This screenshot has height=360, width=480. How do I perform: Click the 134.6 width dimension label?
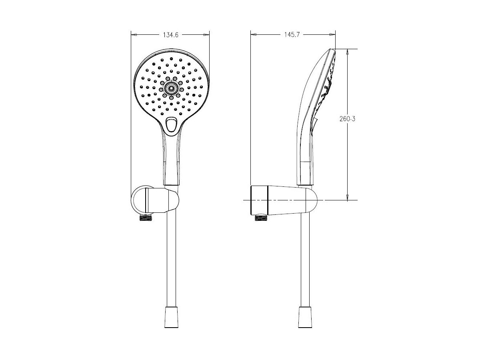(170, 35)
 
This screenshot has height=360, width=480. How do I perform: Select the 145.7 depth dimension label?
(290, 35)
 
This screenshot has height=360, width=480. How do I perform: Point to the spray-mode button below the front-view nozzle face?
(172, 124)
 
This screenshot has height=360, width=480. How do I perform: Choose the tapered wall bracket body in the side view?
(280, 200)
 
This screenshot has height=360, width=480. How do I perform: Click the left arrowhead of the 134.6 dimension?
(134, 35)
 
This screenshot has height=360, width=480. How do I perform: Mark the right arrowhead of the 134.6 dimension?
(207, 35)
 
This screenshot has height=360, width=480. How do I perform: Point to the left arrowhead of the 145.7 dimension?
(254, 35)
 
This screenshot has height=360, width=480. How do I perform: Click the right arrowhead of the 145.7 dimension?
(332, 35)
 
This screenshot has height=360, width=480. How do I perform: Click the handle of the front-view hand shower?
(172, 160)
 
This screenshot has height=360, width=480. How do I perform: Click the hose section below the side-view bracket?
(305, 260)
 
